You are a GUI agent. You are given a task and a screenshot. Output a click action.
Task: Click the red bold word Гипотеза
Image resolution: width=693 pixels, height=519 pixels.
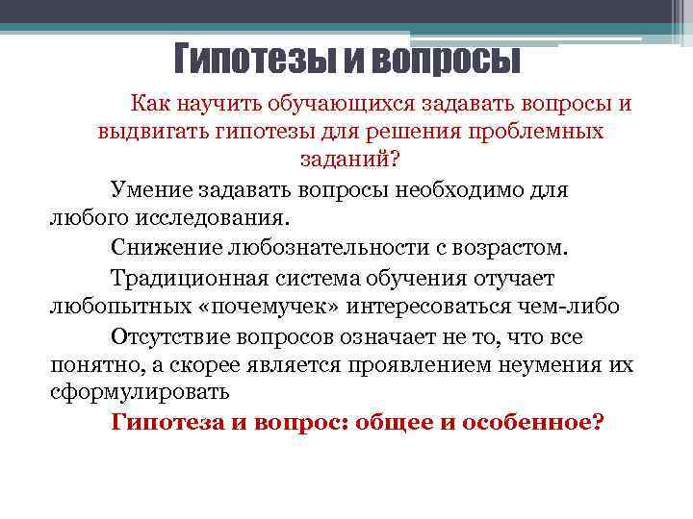167,422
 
